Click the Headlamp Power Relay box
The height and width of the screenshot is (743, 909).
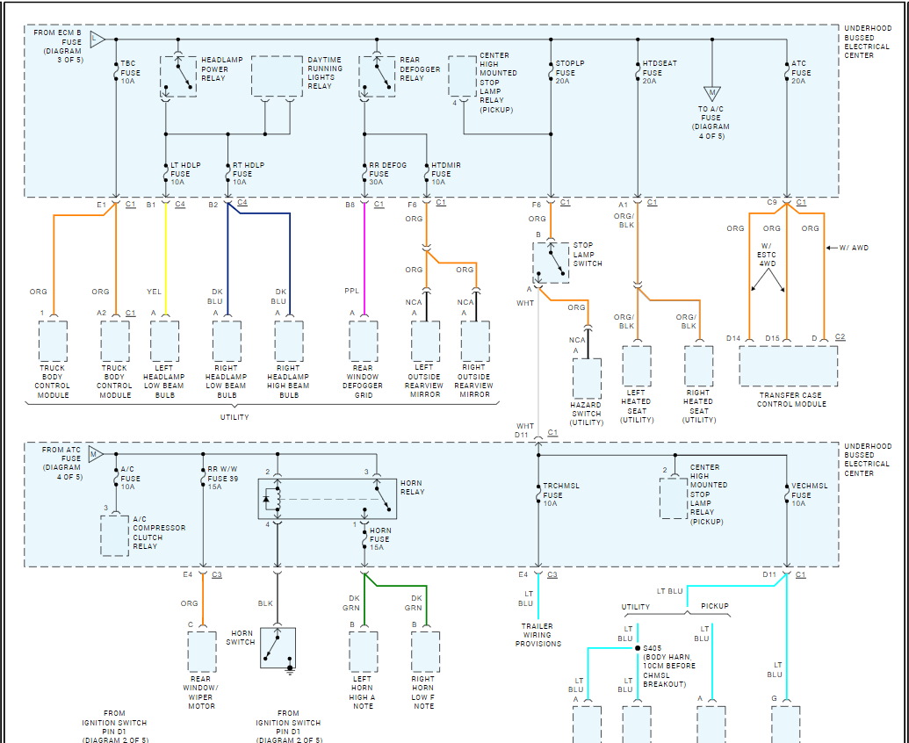coord(178,76)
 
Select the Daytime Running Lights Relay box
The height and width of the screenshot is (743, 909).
coord(277,76)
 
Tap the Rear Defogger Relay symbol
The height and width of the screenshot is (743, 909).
coord(377,76)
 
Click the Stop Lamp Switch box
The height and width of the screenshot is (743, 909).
coord(551,262)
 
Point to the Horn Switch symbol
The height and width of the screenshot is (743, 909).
coord(278,648)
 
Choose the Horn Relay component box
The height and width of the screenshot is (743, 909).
coord(327,499)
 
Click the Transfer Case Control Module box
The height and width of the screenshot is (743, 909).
coord(788,365)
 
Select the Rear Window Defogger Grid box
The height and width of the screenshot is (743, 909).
coord(364,342)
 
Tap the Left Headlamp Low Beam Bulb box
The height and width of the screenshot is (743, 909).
coord(164,342)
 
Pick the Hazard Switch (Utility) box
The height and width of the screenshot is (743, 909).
coord(587,379)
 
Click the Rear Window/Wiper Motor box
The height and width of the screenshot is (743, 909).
coord(202,653)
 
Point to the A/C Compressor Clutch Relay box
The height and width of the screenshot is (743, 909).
coord(115,536)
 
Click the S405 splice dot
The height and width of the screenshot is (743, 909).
coord(638,650)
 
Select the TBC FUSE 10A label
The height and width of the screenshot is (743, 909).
coord(128,72)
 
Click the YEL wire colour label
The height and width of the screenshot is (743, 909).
coord(153,291)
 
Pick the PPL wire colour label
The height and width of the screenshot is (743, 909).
coord(351,291)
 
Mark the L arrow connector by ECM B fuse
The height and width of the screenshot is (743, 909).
coord(97,40)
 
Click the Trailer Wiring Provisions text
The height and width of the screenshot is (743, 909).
coord(537,635)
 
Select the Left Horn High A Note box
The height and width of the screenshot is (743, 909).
coord(364,653)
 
